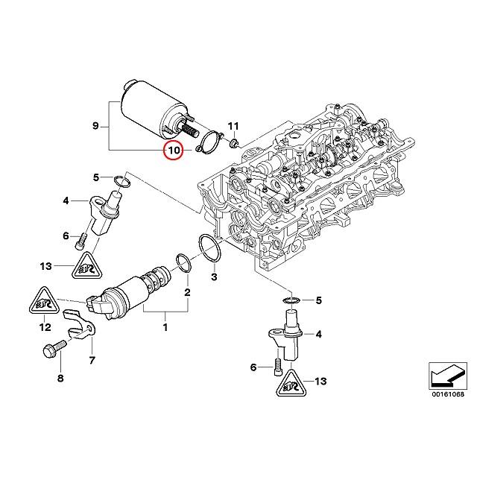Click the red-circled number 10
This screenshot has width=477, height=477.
pyautogui.click(x=174, y=151)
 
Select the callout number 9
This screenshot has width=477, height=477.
pyautogui.click(x=95, y=126)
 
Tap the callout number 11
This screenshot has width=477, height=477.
pyautogui.click(x=233, y=124)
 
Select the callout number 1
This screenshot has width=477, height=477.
pyautogui.click(x=166, y=326)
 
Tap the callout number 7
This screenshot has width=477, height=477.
pyautogui.click(x=92, y=361)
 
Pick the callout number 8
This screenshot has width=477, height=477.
pyautogui.click(x=60, y=379)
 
